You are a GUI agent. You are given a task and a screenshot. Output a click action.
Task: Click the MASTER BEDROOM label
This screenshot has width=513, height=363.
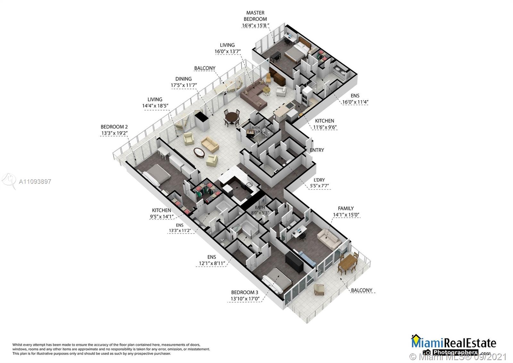tap(255, 16)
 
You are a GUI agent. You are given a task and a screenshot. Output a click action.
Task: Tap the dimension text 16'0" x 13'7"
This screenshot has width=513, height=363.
tap(227, 51)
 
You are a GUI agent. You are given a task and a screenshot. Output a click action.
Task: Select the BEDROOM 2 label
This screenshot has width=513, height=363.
tap(114, 127)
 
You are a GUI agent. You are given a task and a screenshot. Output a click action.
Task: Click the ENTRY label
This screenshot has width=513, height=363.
tap(316, 150)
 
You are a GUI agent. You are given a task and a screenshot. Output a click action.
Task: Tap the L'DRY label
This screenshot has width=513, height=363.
tap(319, 180)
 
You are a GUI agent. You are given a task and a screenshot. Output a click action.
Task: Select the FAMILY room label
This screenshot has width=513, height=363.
tap(346, 208)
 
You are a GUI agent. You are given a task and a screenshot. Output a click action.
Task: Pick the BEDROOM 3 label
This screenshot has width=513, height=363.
tap(245, 292)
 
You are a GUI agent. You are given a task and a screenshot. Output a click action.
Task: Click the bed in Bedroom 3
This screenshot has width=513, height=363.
tap(278, 280)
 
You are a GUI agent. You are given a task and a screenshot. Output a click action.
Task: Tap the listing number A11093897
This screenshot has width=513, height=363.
tap(35, 181)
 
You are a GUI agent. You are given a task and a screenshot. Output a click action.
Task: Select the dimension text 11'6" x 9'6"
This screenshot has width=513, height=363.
tap(325, 127)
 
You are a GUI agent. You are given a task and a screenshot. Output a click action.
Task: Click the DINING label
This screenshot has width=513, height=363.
tap(183, 79)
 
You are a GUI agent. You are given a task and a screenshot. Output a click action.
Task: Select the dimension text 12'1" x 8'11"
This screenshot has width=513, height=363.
tap(211, 264)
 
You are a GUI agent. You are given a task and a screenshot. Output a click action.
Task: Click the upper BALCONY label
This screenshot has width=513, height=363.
tap(205, 68)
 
